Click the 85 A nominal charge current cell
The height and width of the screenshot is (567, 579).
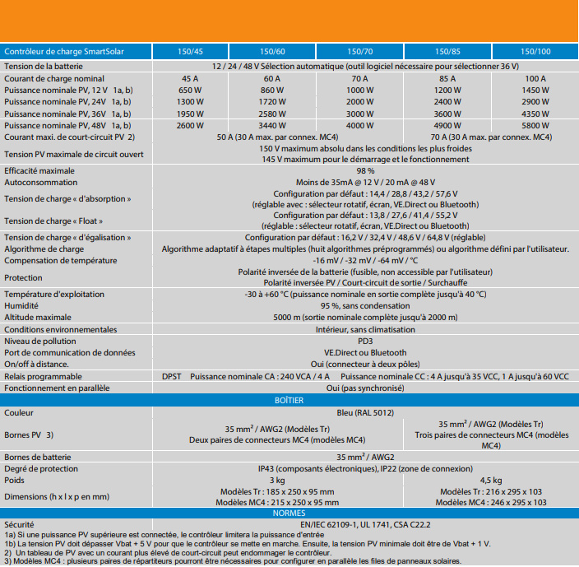point(445,78)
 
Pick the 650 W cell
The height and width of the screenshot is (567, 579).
point(189,90)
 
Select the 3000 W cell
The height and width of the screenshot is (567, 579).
point(359,114)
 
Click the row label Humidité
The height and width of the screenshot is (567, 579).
point(21,305)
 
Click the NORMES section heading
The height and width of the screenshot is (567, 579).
point(289,513)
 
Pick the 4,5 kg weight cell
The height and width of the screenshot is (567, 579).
point(491,480)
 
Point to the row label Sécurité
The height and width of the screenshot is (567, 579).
point(19,523)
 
